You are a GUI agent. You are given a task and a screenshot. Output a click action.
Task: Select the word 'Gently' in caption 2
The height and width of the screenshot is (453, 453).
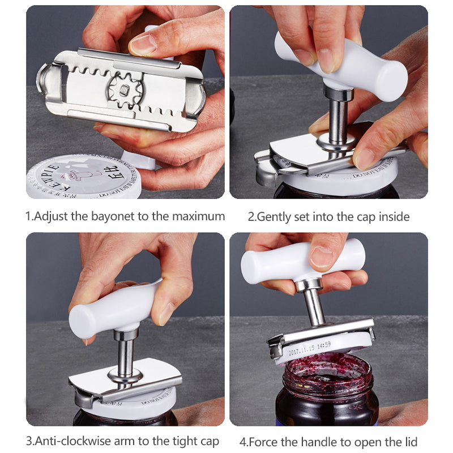coord(275,216)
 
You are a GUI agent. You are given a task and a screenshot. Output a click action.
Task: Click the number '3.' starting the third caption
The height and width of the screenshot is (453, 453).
coord(31,441)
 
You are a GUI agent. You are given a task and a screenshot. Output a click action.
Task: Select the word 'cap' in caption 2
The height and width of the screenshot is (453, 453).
coord(360,216)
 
